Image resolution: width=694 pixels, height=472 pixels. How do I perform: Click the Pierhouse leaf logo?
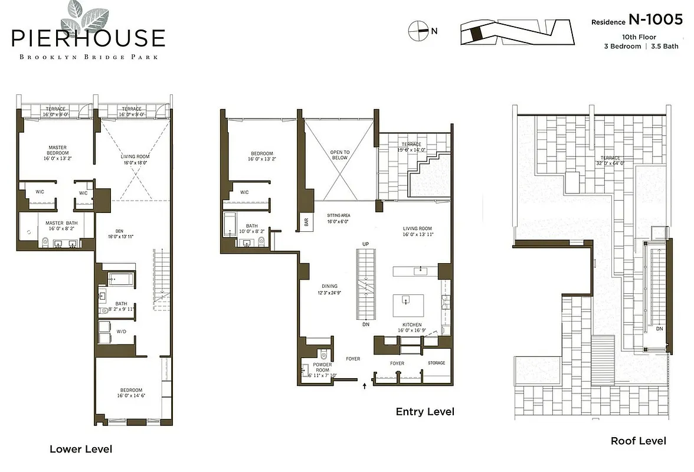[x=84, y=16]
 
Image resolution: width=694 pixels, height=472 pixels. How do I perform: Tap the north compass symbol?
[x=418, y=31]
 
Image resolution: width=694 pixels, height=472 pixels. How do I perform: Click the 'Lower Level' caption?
[x=81, y=449]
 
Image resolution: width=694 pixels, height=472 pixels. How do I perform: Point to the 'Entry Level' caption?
[x=425, y=412]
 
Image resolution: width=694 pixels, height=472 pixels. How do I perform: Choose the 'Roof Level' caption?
[x=638, y=441]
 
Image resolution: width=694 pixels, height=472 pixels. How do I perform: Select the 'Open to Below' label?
[x=339, y=155]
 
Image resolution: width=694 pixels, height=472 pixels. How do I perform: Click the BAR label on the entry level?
[x=306, y=222]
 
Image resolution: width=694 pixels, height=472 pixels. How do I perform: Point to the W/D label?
[x=121, y=331]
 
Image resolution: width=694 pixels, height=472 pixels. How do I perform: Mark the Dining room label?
[x=330, y=286]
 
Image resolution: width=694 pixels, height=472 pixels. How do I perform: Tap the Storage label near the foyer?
[x=437, y=363]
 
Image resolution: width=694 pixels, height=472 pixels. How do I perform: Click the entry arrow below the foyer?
[x=364, y=386]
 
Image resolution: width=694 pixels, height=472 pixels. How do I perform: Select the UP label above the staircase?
[x=365, y=244]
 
